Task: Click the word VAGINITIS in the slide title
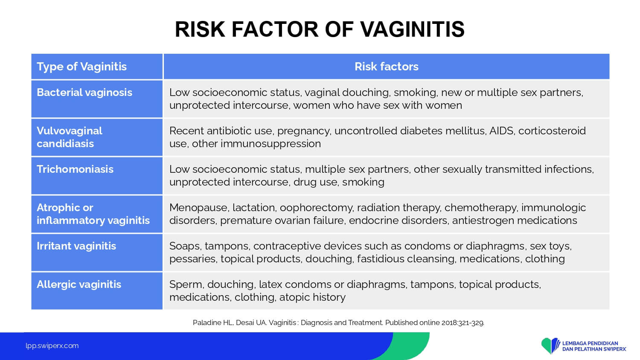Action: click(x=412, y=29)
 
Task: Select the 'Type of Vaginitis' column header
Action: click(x=81, y=67)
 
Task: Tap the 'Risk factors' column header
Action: click(x=386, y=67)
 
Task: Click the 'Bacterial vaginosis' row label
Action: click(x=84, y=93)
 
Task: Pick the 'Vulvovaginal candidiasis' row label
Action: click(x=70, y=137)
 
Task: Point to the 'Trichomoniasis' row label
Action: click(x=75, y=169)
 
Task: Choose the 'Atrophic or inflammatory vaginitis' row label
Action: click(x=93, y=214)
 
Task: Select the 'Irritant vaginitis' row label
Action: click(x=76, y=246)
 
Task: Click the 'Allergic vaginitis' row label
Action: click(x=79, y=285)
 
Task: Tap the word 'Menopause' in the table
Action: click(x=199, y=208)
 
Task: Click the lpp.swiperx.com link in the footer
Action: click(x=52, y=346)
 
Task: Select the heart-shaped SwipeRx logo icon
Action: click(x=550, y=345)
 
